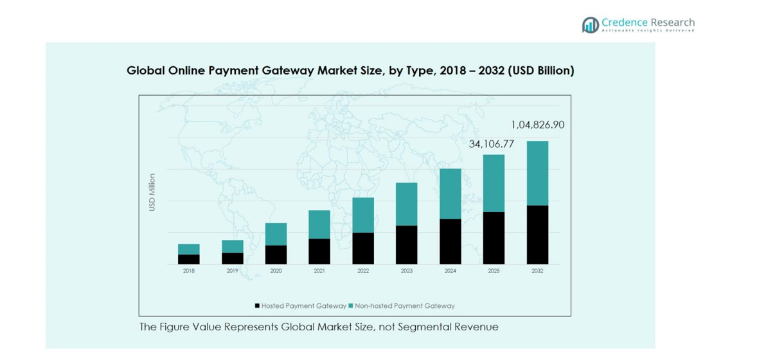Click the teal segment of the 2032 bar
tap(537, 173)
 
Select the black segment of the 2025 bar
tap(494, 238)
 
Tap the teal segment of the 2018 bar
tap(188, 249)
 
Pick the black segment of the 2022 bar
tap(363, 248)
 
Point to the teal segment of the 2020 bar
tap(276, 234)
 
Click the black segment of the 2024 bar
tap(450, 241)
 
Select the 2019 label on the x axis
tap(232, 271)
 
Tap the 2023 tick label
tap(406, 271)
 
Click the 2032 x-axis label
tap(537, 271)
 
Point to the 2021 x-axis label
tap(319, 271)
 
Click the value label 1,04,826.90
tap(537, 125)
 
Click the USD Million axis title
tap(152, 192)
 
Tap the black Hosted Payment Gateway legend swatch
tap(257, 306)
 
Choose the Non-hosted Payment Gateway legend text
tap(404, 306)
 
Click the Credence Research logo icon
tap(590, 25)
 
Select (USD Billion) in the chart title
tap(540, 70)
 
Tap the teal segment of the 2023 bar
tap(406, 204)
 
